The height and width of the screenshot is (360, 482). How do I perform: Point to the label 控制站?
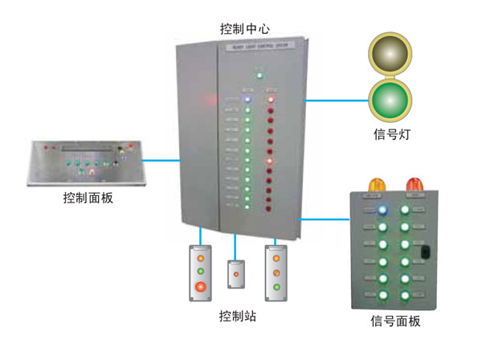tap(238, 317)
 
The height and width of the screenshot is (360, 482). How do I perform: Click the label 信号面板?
tap(395, 321)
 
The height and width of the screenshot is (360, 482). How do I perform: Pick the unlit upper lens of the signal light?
tap(390, 54)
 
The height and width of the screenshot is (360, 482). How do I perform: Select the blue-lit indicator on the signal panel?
tap(382, 210)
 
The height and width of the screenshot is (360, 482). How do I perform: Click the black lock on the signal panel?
tap(423, 256)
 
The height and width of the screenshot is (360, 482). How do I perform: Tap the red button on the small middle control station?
tap(235, 275)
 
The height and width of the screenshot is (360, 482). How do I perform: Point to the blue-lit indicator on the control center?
tap(248, 101)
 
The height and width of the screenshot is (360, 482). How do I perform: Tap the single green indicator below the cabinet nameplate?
tap(259, 76)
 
